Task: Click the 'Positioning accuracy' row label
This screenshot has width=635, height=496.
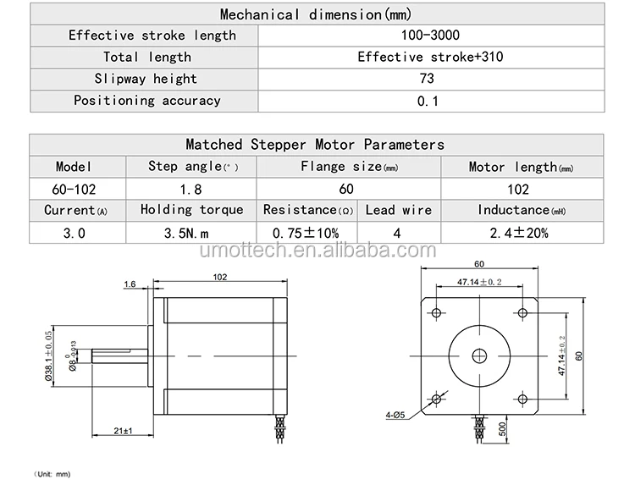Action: [x=146, y=101]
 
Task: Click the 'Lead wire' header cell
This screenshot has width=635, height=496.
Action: [x=398, y=210]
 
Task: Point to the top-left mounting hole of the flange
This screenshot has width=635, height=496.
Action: [x=436, y=313]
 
